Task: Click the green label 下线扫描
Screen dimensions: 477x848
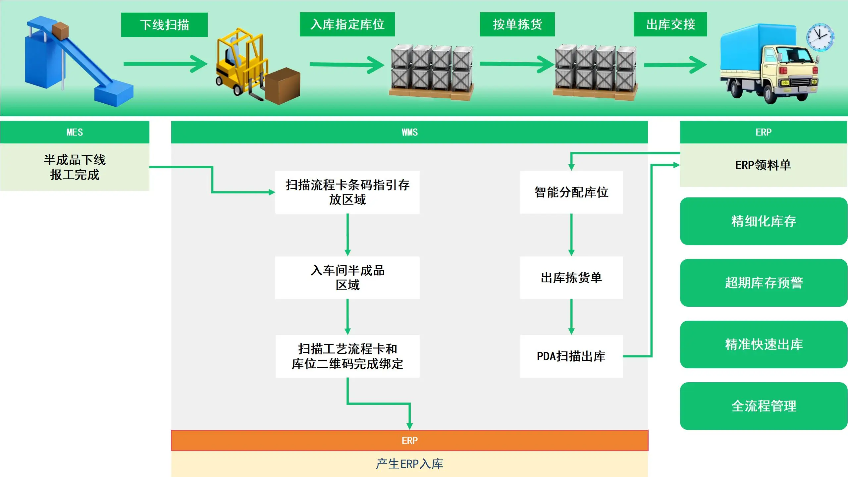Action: [x=164, y=25]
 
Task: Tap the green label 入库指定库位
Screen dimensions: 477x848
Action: [x=347, y=24]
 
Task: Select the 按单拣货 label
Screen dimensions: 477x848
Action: [x=517, y=24]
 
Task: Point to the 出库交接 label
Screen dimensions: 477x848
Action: [x=670, y=24]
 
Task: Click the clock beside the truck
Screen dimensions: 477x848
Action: [x=820, y=37]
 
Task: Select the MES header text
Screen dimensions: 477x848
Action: [x=75, y=132]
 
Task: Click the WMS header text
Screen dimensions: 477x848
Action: [x=409, y=132]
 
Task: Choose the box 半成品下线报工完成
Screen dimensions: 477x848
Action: [x=75, y=167]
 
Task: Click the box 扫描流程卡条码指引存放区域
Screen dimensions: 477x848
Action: [x=347, y=192]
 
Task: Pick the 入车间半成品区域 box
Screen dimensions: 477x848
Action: [x=347, y=278]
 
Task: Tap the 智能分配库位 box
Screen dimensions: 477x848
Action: [x=571, y=192]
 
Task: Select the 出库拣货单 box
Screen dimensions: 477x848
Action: [x=571, y=278]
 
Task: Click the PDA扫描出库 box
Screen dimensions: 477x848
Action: [x=571, y=356]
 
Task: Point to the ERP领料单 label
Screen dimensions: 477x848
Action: [x=763, y=165]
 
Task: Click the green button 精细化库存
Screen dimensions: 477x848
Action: [x=764, y=221]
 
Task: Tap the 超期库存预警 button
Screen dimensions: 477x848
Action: [x=764, y=283]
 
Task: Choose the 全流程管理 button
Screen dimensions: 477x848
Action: [x=764, y=406]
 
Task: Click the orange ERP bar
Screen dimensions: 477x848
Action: [x=409, y=441]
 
